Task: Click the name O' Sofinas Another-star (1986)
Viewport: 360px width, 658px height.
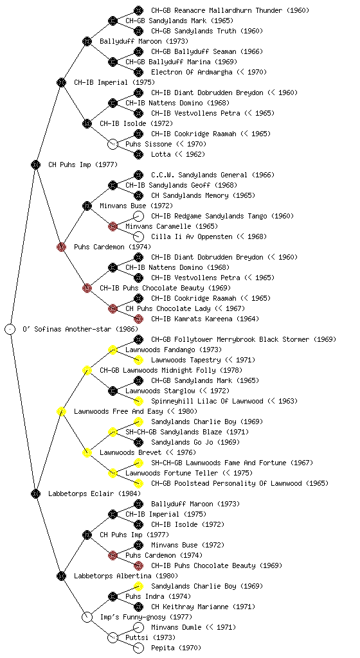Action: click(x=80, y=329)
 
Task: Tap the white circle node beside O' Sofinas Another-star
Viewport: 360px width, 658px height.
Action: click(x=10, y=329)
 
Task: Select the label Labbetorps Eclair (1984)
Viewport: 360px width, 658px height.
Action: click(x=94, y=493)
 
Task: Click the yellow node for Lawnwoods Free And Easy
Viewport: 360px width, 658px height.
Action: click(x=61, y=411)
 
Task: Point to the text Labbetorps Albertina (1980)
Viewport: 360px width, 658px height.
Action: click(x=126, y=576)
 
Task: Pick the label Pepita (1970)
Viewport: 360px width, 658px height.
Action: click(x=176, y=648)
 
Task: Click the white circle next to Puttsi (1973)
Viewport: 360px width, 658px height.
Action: click(x=113, y=637)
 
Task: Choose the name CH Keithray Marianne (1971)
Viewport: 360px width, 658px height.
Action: click(x=203, y=607)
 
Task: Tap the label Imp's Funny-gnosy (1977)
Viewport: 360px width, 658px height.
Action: click(x=146, y=617)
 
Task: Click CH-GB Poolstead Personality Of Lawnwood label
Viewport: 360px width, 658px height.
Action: click(x=240, y=483)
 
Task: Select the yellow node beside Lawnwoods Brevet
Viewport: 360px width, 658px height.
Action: click(x=87, y=452)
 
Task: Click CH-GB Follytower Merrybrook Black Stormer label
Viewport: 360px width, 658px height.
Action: click(x=244, y=339)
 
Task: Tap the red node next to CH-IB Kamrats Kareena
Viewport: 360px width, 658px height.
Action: click(x=138, y=319)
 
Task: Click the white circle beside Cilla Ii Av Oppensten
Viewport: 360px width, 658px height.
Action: click(x=138, y=236)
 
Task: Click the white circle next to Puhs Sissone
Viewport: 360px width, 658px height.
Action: click(x=113, y=144)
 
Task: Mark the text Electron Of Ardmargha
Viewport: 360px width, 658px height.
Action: click(x=192, y=72)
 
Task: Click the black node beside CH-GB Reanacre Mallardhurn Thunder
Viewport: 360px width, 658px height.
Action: click(x=138, y=10)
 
